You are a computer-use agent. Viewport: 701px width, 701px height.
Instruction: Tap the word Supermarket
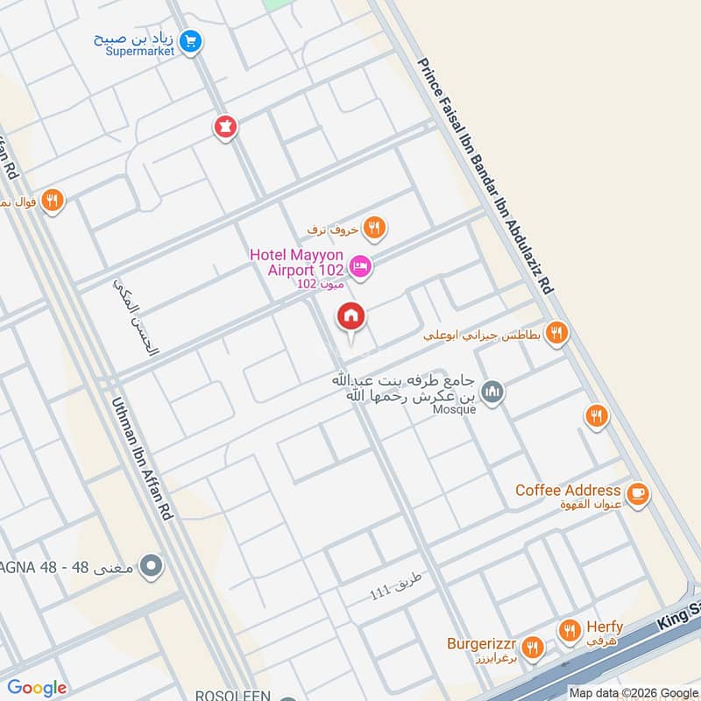pos(141,52)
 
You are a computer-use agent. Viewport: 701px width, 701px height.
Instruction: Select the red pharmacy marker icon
pos(226,127)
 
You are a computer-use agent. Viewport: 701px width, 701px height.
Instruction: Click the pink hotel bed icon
pos(360,266)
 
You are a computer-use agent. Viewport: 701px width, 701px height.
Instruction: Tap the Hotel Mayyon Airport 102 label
pos(295,262)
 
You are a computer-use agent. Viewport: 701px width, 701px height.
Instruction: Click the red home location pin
pos(351,317)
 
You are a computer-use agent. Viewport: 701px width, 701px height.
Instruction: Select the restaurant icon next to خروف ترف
pos(375,228)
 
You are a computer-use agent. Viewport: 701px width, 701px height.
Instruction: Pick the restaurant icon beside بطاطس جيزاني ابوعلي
pos(556,333)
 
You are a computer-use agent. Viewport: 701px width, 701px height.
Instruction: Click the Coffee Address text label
pos(568,490)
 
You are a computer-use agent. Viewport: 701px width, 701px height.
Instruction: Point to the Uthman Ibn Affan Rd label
pos(141,460)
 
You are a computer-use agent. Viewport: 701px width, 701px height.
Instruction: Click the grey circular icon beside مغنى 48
pos(152,566)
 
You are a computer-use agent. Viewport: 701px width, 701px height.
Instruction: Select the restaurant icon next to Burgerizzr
pos(532,648)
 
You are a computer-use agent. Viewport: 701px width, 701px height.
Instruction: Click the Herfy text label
pos(605,627)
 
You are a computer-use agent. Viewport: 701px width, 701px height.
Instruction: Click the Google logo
pos(37,688)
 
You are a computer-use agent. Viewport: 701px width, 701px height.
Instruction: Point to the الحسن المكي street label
pos(138,316)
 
